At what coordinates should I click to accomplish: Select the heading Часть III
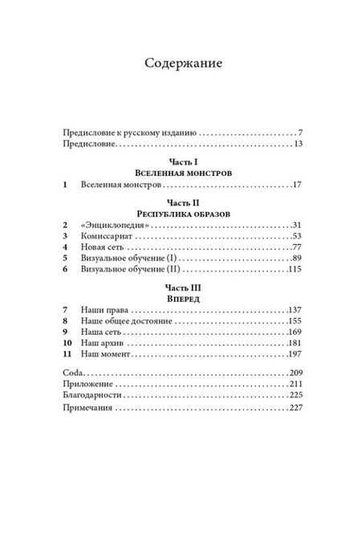point(180,287)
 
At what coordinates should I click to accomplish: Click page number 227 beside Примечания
point(293,410)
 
